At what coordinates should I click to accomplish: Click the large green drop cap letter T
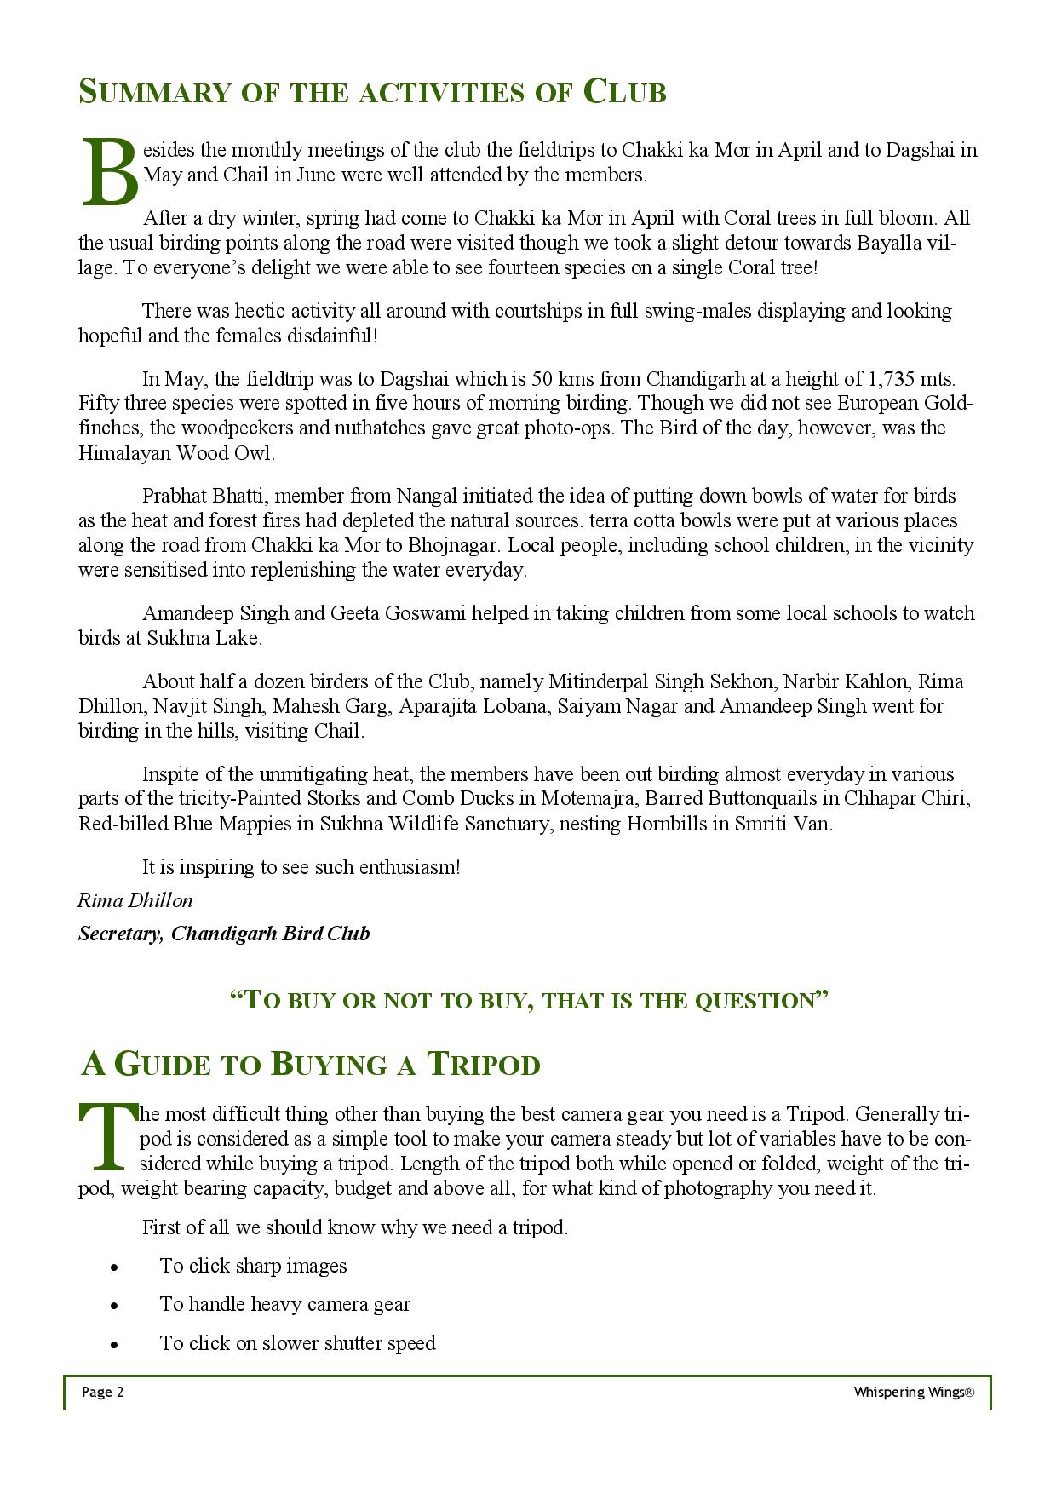(x=107, y=1136)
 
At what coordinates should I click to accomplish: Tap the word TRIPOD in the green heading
(x=483, y=1065)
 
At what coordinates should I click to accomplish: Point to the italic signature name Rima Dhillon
(x=135, y=900)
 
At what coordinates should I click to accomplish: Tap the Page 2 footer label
(x=103, y=1392)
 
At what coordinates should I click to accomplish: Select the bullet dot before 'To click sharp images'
(x=113, y=1267)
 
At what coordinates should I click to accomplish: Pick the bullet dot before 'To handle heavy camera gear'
(x=113, y=1306)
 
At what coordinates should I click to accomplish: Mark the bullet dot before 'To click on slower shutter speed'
(x=113, y=1345)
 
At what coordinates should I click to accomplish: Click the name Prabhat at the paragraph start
(x=173, y=496)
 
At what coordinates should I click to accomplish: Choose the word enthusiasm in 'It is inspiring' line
(x=409, y=867)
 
